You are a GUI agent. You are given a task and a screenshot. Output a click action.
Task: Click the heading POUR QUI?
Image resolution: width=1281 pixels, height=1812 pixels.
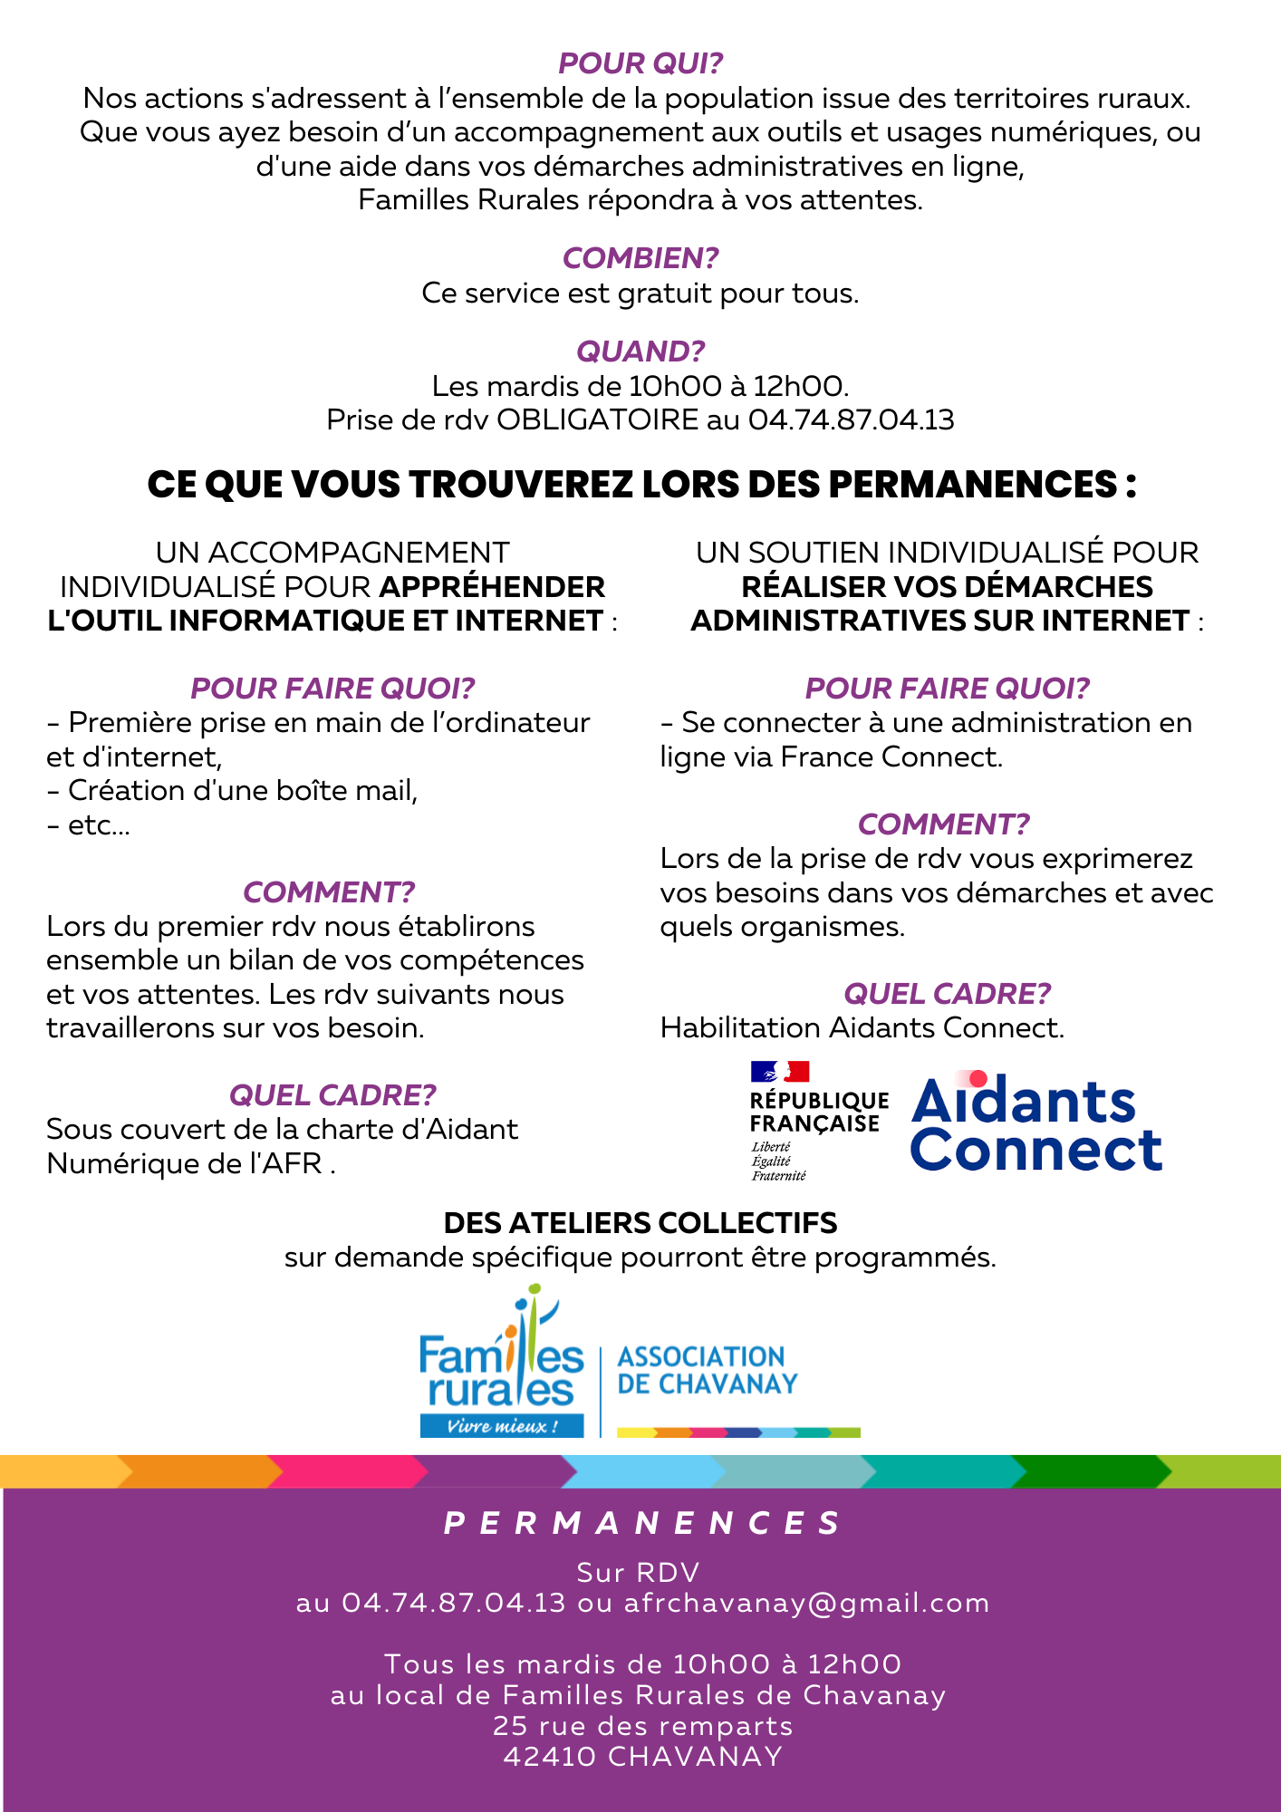tap(640, 63)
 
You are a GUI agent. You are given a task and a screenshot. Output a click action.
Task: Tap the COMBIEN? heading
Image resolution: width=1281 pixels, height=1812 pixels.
tap(640, 258)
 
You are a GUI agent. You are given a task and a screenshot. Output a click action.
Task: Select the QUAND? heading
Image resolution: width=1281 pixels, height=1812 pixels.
tap(640, 352)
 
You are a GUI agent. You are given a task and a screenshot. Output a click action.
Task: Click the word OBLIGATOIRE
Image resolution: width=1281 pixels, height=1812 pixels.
tap(598, 420)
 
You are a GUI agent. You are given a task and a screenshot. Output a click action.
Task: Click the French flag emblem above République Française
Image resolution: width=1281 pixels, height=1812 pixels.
tap(779, 1073)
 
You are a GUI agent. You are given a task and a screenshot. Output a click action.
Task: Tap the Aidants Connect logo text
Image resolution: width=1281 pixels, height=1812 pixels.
tap(1035, 1125)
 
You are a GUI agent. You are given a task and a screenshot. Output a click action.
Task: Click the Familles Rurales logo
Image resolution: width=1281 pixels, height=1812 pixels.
tap(501, 1364)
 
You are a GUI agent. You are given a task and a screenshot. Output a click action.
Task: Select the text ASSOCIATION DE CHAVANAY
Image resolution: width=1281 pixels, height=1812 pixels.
tap(707, 1370)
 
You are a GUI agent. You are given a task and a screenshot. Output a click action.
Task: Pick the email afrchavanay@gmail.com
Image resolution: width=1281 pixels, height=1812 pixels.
tap(806, 1604)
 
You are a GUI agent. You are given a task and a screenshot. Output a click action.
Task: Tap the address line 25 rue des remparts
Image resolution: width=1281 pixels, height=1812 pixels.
tap(642, 1726)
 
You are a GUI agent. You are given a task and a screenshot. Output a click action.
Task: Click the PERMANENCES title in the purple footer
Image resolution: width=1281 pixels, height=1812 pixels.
tap(642, 1524)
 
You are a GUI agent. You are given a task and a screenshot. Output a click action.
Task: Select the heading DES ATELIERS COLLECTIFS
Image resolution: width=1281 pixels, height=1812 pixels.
tap(640, 1223)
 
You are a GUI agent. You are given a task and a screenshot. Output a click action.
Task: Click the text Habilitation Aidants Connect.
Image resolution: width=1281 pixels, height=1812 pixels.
tap(862, 1028)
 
